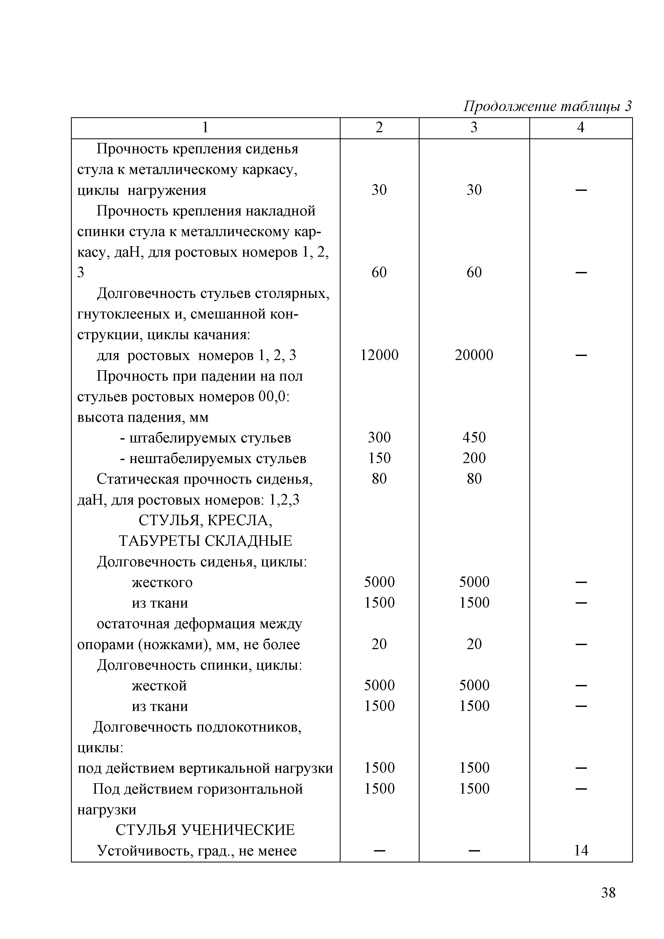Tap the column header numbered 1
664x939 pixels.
point(205,128)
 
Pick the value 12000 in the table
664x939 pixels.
point(379,355)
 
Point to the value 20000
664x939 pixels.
point(474,355)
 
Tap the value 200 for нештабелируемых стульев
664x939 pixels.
point(474,458)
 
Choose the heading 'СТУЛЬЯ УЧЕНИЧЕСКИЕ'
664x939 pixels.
point(205,830)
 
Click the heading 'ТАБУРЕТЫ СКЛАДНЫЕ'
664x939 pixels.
point(205,541)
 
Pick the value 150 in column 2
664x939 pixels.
point(379,458)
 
